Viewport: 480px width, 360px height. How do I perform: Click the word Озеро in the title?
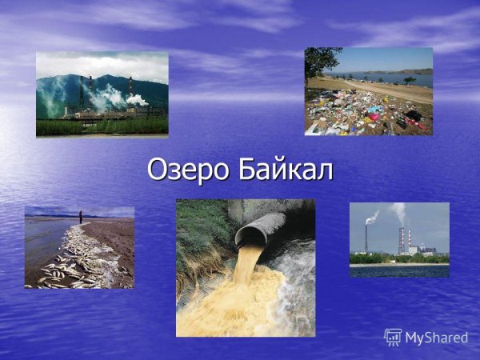[x=187, y=170]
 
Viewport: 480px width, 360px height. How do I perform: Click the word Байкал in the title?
[x=286, y=170]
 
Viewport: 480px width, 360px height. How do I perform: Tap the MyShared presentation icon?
[x=393, y=337]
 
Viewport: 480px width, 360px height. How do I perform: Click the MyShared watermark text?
[x=436, y=338]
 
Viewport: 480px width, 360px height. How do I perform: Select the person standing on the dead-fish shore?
[x=80, y=217]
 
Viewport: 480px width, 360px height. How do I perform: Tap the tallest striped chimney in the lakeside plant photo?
[x=402, y=238]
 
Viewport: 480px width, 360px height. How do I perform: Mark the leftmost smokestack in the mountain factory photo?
[x=81, y=92]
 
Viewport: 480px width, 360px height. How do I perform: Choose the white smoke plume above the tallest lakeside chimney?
[x=398, y=211]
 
